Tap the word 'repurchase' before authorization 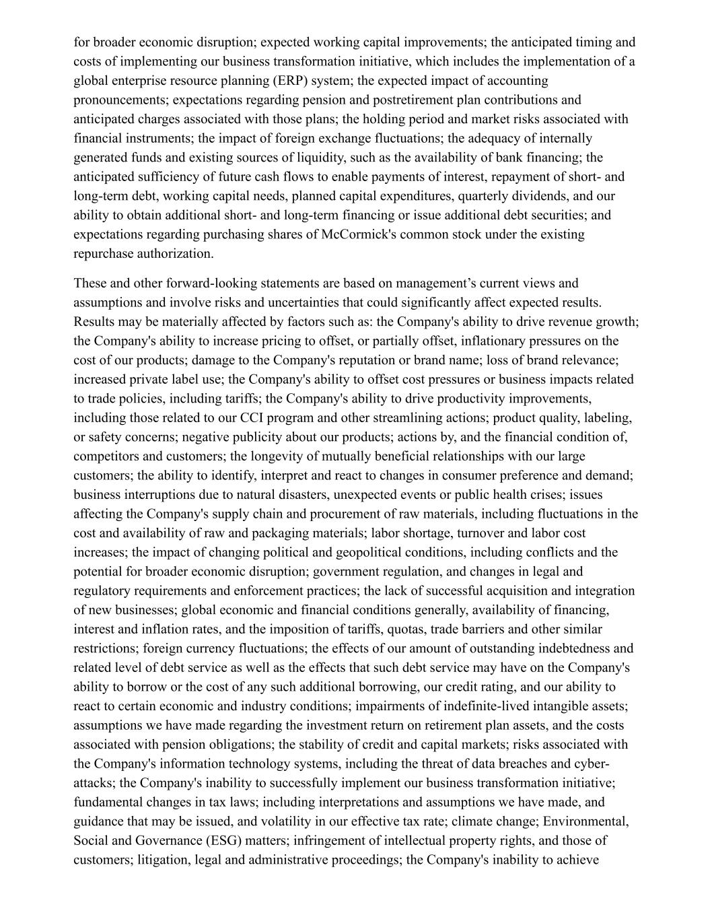pos(104,254)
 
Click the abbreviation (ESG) pos(217,841)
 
